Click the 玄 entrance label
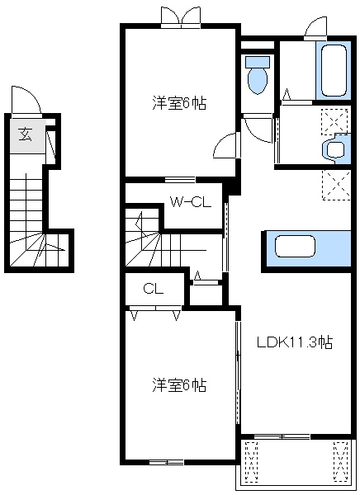[x=26, y=134]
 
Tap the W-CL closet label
[x=191, y=202]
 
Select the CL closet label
[x=154, y=289]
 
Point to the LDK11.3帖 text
[x=295, y=342]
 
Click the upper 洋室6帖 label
[x=179, y=102]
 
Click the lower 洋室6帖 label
[x=179, y=384]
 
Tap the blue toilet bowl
[x=258, y=75]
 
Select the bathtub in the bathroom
[x=334, y=71]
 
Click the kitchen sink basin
[x=296, y=246]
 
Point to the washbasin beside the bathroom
[x=334, y=148]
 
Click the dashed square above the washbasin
[x=334, y=121]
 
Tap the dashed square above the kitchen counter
[x=336, y=185]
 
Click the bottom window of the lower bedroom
[x=167, y=462]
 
